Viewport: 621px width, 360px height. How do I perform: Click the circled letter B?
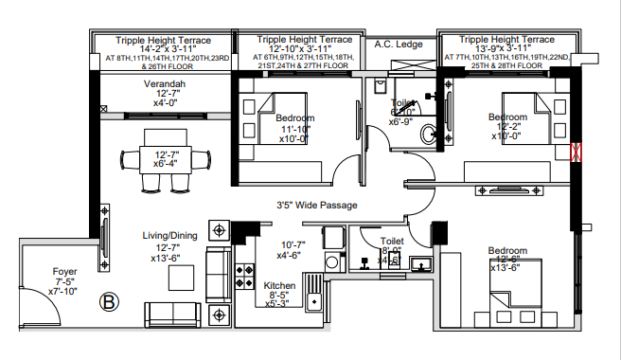point(110,302)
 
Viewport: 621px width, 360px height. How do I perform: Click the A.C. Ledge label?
point(399,44)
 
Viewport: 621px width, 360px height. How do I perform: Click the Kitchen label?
point(280,284)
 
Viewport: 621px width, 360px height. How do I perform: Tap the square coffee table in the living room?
point(182,278)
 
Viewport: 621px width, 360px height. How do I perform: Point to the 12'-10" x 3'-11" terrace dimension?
point(306,49)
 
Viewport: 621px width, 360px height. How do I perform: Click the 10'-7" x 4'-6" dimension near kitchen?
point(288,250)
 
